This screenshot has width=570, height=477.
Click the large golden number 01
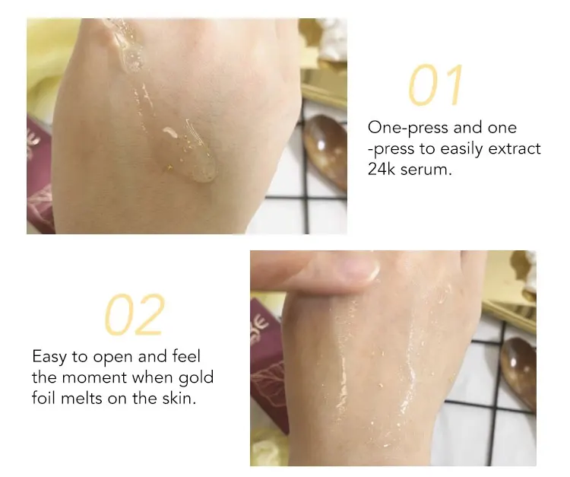pos(435,85)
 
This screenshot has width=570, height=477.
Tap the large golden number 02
pos(135,314)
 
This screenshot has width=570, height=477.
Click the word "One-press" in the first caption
pos(408,128)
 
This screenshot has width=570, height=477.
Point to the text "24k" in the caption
pos(382,169)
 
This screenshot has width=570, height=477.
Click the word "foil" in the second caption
pos(43,398)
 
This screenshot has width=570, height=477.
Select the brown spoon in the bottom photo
pos(519,374)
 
